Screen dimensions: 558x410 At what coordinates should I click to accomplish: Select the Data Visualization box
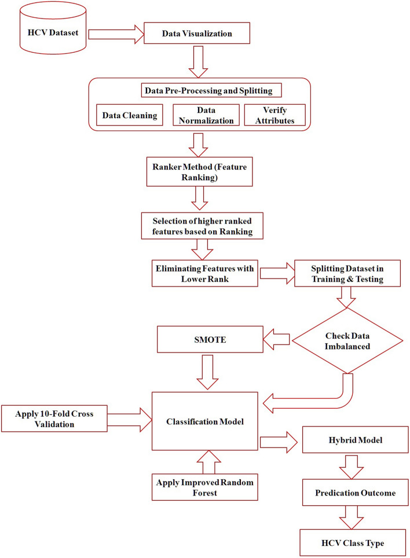196,34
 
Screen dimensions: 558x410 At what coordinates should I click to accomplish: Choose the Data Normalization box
206,115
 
